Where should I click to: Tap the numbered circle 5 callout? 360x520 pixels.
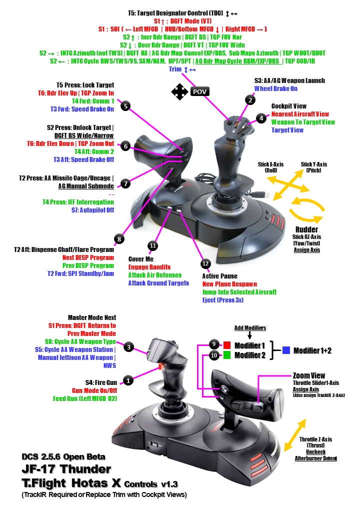126,106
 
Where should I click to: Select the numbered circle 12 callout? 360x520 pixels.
204,263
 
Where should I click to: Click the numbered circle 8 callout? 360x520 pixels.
119,239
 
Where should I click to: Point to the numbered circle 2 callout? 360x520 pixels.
249,99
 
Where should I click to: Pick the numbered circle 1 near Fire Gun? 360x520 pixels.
128,380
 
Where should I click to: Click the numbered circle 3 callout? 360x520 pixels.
128,346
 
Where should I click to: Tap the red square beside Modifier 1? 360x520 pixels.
226,345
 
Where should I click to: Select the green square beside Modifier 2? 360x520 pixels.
226,355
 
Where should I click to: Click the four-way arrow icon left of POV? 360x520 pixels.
179,92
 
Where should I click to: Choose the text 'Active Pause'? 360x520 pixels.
219,276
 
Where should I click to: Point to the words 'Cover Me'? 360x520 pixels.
140,259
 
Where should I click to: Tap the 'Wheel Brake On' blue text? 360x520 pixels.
275,88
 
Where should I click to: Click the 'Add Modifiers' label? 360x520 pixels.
249,327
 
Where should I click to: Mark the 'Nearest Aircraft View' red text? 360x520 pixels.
300,114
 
